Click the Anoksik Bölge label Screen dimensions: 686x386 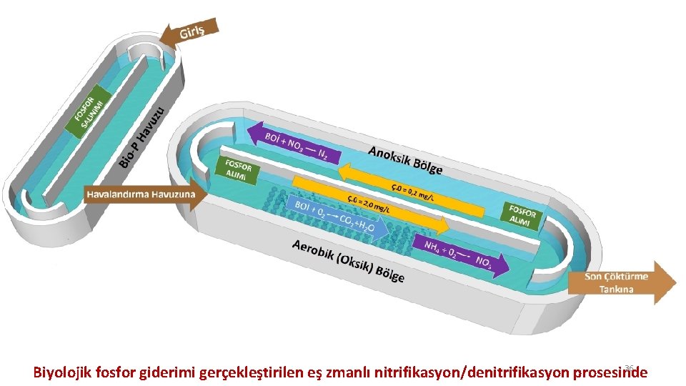405,160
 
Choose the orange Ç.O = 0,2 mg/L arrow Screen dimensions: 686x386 414,187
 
